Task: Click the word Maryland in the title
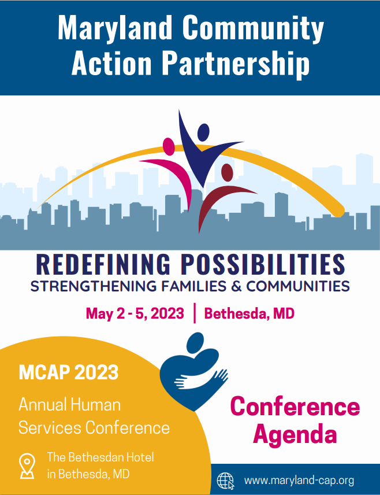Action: (116, 28)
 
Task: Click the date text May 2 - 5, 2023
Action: (135, 313)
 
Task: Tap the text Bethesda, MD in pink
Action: (249, 313)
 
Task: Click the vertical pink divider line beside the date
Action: (194, 313)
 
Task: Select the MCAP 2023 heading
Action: (68, 372)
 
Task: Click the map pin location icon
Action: (27, 466)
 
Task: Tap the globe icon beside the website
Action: (225, 481)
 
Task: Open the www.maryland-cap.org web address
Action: (299, 481)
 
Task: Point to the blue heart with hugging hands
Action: (194, 372)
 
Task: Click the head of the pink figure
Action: (169, 146)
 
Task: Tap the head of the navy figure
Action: (203, 132)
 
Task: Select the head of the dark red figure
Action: (227, 173)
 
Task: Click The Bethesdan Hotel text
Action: (100, 457)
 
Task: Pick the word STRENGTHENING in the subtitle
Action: (94, 286)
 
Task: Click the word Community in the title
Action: (253, 28)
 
